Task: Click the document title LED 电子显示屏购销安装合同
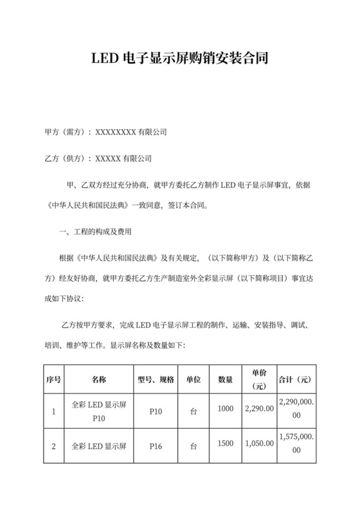(179, 60)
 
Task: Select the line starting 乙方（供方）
(97, 157)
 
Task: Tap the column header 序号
(53, 379)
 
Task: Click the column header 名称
(99, 379)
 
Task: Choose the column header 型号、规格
(156, 379)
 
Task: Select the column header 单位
(193, 379)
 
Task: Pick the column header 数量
(226, 379)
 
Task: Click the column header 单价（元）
(260, 379)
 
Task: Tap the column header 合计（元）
(297, 379)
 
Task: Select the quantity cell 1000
(226, 408)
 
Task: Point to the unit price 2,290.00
(260, 408)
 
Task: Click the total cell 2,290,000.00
(297, 408)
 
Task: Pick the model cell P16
(156, 444)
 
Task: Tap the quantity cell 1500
(226, 444)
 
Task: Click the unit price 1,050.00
(260, 444)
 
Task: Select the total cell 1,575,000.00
(297, 444)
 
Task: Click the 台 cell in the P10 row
(193, 408)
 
